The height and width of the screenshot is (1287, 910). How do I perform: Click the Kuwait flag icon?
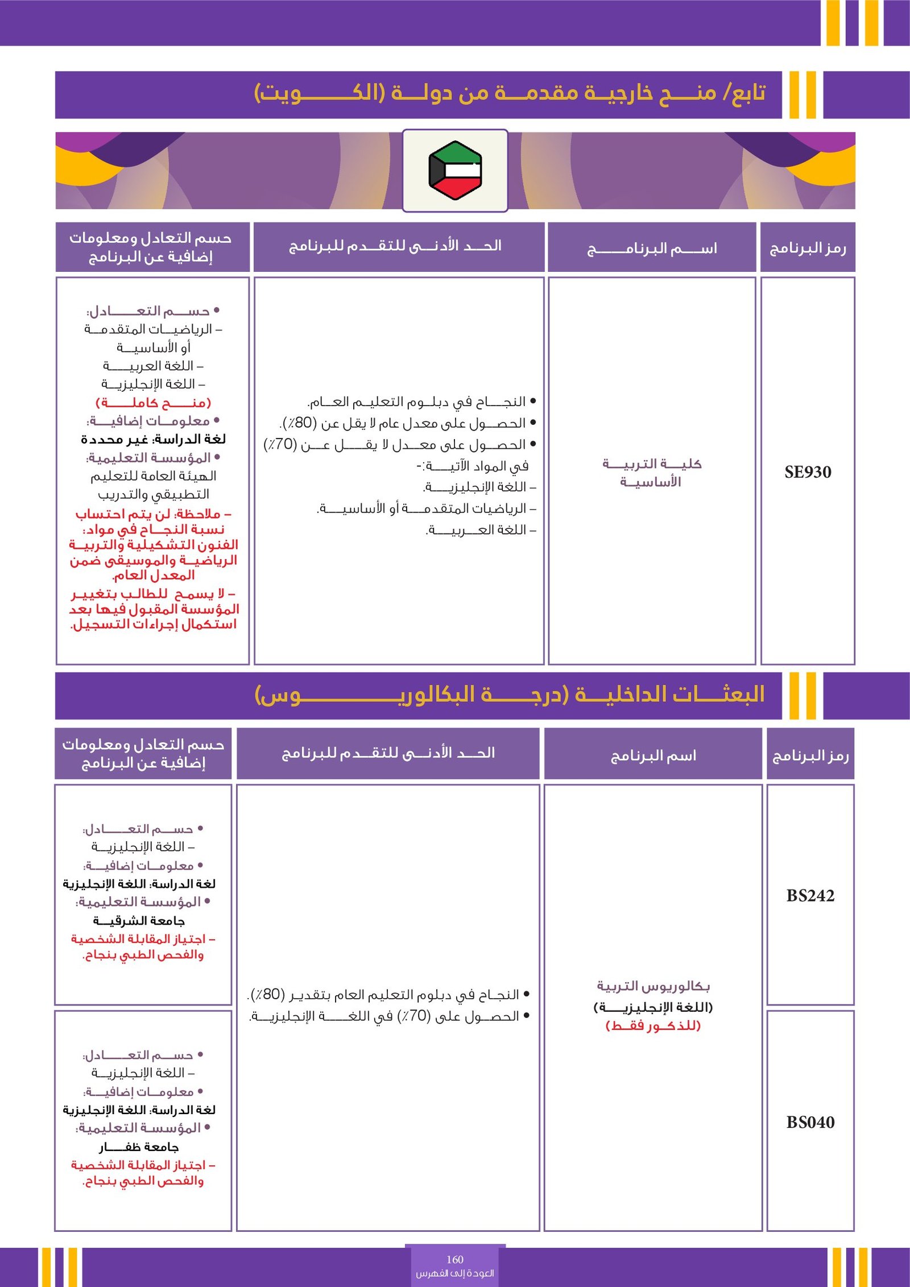(x=455, y=171)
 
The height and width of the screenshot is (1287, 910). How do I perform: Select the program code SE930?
(x=808, y=472)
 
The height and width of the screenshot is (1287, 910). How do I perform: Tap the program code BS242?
(x=810, y=896)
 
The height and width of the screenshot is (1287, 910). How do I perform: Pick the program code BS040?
(x=810, y=1122)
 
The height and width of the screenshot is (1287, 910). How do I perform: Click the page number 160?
(x=455, y=1259)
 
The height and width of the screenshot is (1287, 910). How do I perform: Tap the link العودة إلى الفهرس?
(x=455, y=1273)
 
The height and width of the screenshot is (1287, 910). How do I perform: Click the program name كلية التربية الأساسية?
(x=652, y=473)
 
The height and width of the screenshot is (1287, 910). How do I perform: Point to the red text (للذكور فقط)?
(x=653, y=1025)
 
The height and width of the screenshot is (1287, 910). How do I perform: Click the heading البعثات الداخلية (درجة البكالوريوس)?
(x=510, y=694)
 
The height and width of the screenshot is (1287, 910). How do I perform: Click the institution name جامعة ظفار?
(x=139, y=1147)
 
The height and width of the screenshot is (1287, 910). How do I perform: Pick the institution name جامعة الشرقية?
(x=139, y=920)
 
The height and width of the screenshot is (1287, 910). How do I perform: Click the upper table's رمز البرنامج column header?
(x=808, y=248)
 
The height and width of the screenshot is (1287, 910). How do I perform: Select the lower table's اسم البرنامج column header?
(x=653, y=755)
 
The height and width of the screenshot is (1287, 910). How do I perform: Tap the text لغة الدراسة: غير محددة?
(x=154, y=439)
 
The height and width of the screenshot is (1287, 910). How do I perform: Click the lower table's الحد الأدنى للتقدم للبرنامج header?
(x=388, y=753)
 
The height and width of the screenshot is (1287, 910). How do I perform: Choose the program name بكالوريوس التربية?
(x=653, y=986)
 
